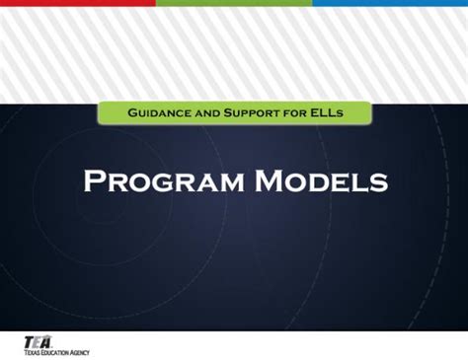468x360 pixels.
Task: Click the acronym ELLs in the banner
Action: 328,113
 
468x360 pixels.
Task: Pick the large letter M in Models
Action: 265,181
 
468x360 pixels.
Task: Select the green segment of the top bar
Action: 233,3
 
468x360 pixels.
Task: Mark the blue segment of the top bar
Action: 390,3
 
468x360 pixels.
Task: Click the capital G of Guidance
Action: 132,113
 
